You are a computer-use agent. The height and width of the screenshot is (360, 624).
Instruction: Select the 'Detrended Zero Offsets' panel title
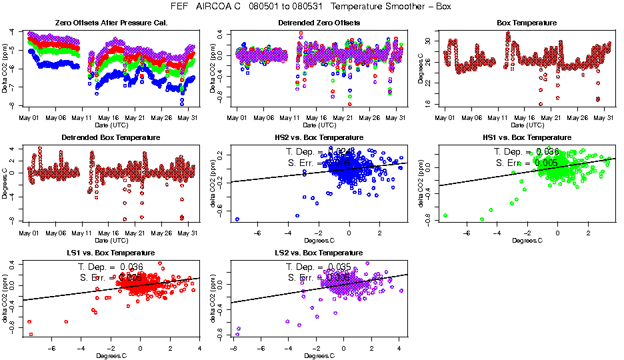[319, 23]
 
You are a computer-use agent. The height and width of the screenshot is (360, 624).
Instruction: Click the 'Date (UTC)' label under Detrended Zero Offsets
[319, 125]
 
